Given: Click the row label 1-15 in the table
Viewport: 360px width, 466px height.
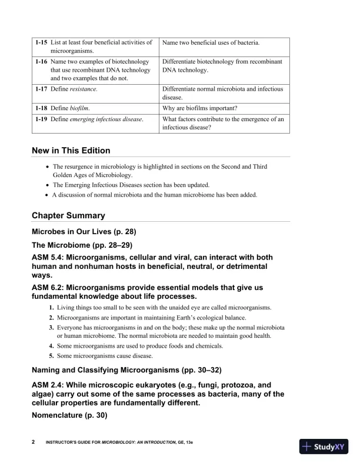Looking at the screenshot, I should point(40,43).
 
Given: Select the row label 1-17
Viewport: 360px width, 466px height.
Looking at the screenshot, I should point(40,89).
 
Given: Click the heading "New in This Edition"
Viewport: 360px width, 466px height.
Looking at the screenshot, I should point(71,151).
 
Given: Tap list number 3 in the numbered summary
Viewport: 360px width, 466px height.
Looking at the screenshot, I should point(52,327).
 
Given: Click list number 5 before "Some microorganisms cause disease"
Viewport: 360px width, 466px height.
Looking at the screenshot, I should point(52,356).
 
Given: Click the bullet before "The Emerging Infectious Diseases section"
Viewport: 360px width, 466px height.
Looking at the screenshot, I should point(47,185).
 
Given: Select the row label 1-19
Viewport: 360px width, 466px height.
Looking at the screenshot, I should point(40,119).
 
